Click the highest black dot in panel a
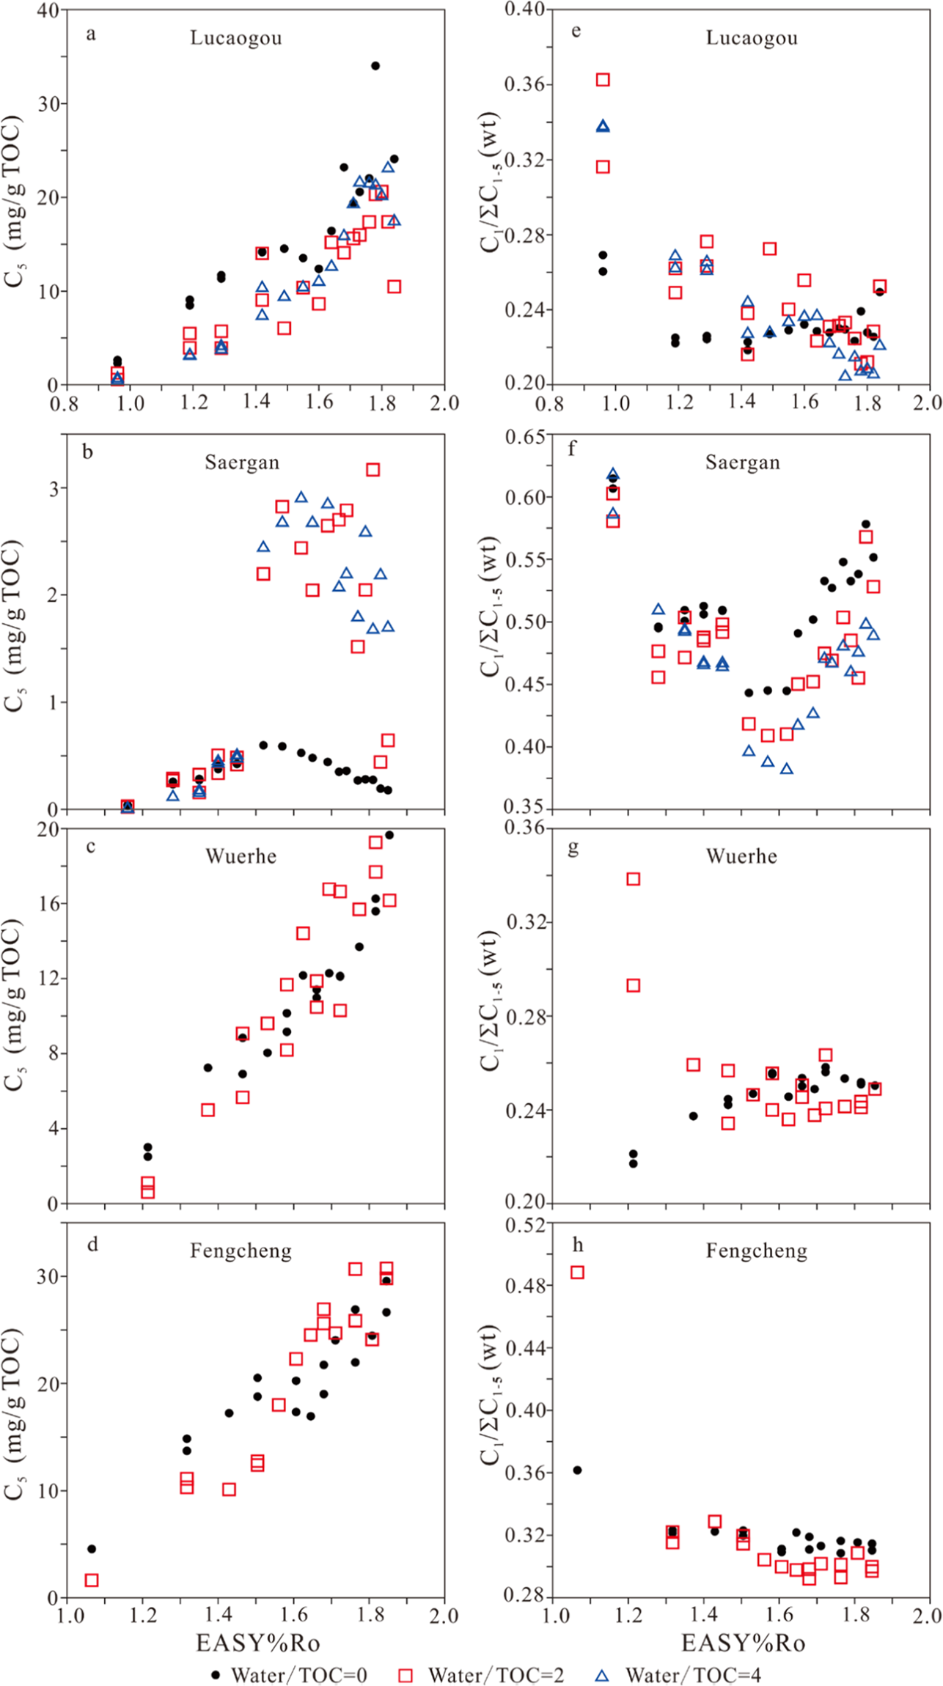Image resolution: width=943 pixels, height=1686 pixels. point(375,66)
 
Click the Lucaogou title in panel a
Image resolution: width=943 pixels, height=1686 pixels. point(236,38)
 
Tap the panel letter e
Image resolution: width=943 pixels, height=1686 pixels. point(576,31)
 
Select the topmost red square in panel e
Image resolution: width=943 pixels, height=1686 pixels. point(603,79)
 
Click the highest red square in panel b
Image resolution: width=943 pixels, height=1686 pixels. point(373,469)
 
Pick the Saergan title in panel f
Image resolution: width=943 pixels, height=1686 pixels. point(742,463)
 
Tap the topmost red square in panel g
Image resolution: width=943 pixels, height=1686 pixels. point(634,878)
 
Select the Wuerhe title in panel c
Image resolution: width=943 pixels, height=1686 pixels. point(241,856)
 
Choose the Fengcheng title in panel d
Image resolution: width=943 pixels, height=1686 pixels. point(241,1251)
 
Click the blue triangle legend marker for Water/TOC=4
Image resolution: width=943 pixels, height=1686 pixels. point(601,1675)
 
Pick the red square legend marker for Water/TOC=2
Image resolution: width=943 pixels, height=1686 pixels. point(405,1675)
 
